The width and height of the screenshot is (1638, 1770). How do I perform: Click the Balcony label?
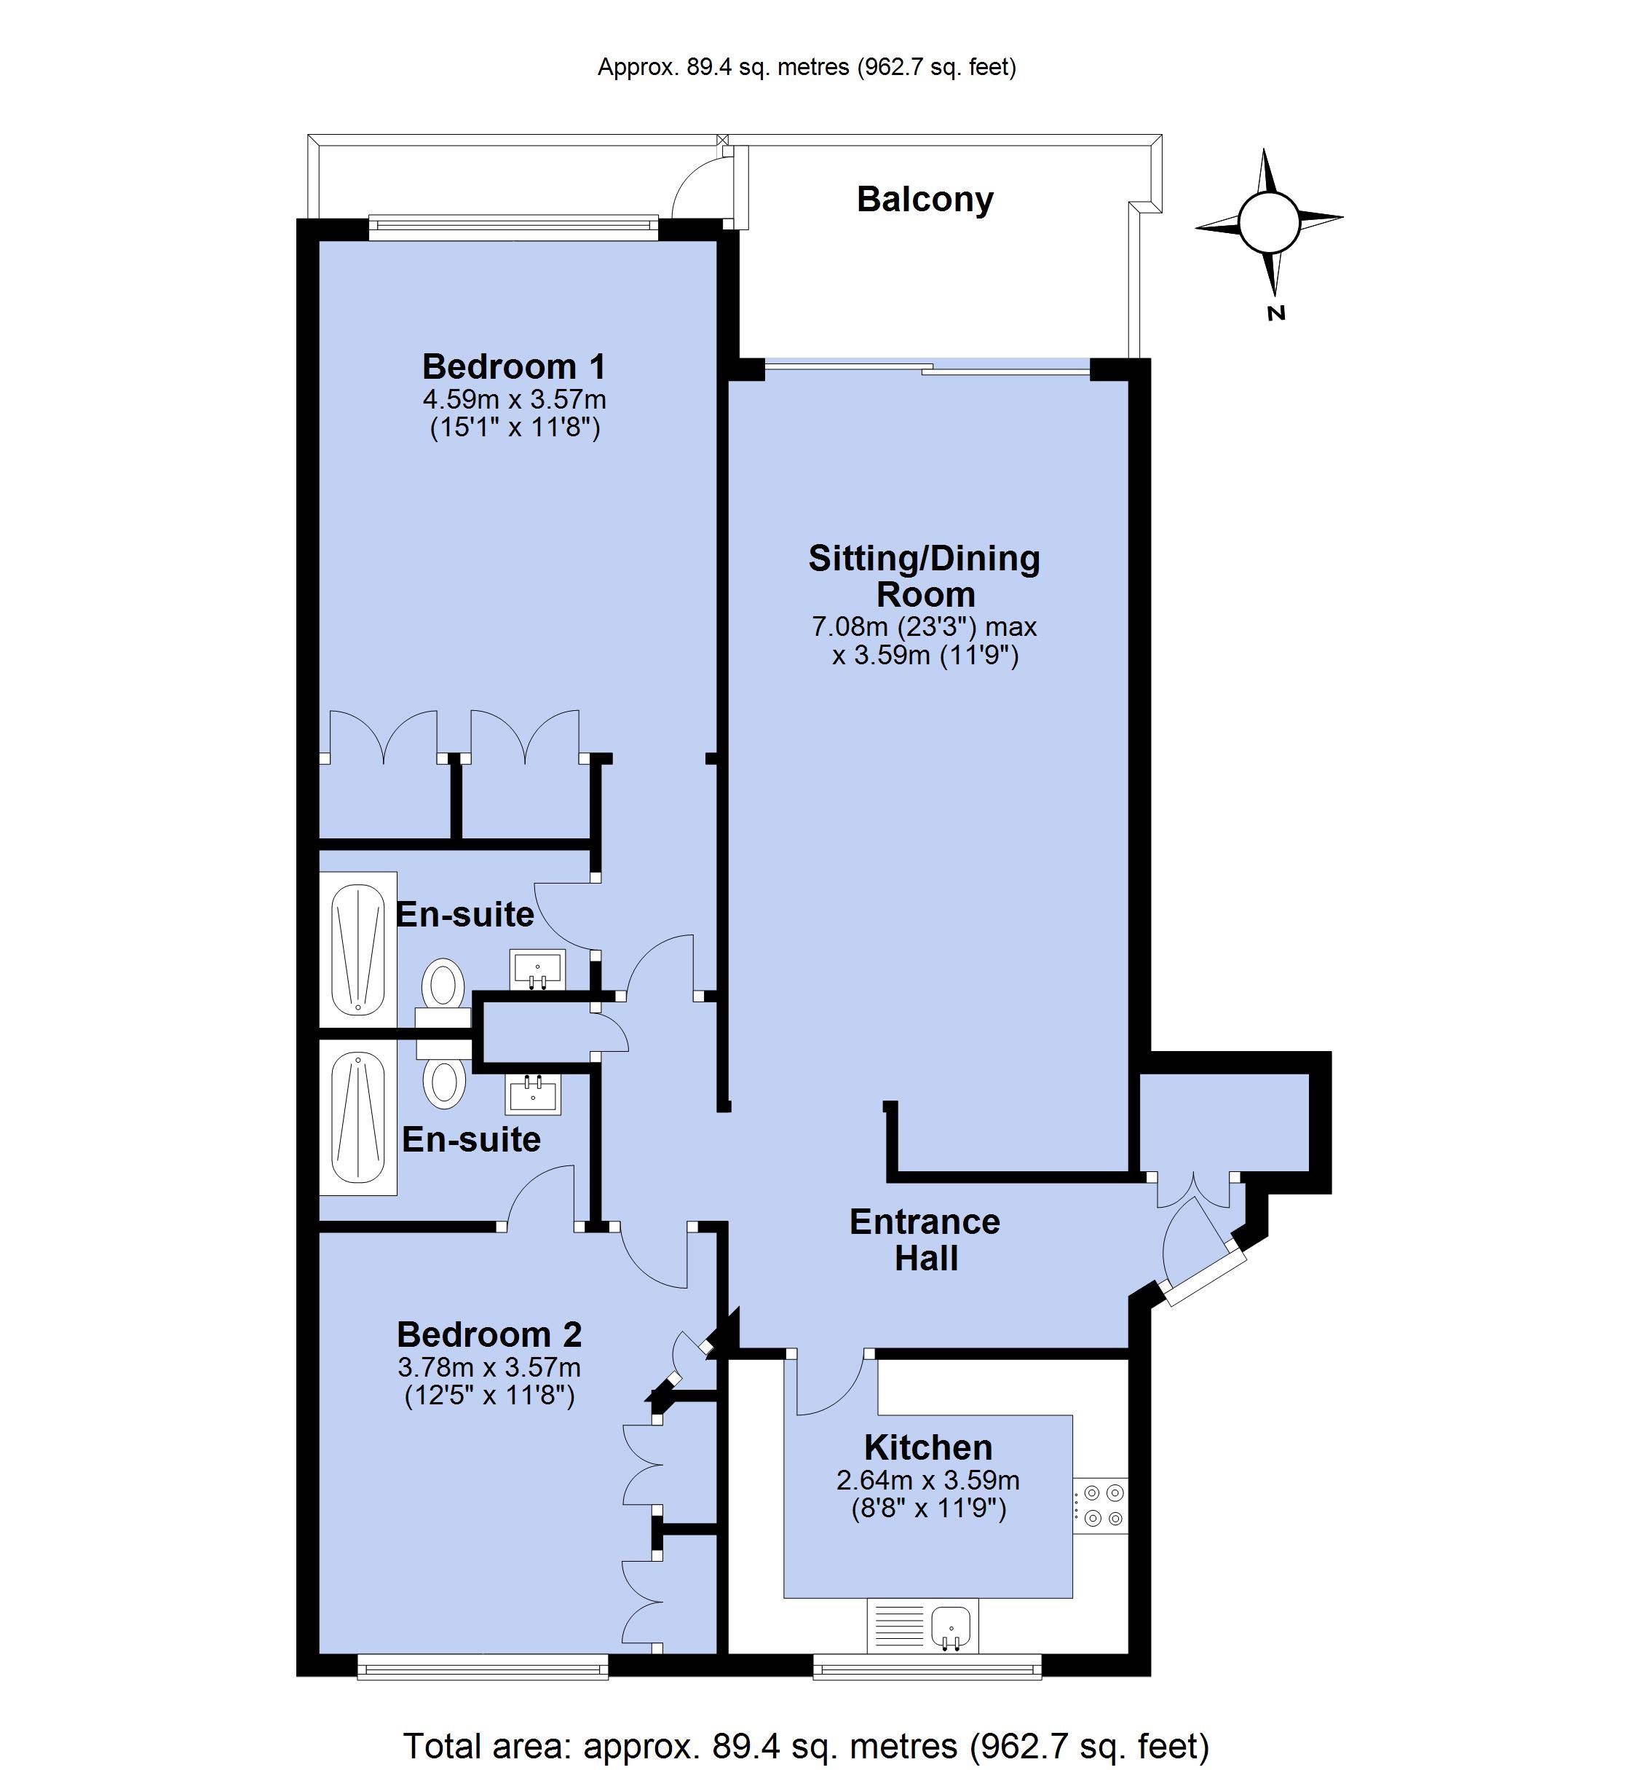click(925, 200)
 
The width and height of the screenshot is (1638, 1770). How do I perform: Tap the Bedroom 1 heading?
click(514, 366)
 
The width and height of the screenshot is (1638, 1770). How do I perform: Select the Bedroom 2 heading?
click(489, 1334)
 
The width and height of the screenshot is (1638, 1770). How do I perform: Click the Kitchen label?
click(928, 1447)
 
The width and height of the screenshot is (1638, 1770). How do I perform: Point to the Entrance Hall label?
click(925, 1240)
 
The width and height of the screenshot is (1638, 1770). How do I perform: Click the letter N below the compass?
click(1276, 313)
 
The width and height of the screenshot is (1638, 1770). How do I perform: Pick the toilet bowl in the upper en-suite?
click(444, 983)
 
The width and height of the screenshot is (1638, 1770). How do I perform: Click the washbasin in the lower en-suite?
click(533, 1094)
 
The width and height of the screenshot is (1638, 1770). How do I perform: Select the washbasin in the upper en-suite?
click(537, 969)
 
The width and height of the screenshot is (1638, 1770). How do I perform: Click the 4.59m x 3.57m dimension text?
click(514, 399)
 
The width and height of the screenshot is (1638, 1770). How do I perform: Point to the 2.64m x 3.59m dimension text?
click(928, 1480)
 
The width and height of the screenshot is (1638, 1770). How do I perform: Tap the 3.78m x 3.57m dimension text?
click(489, 1366)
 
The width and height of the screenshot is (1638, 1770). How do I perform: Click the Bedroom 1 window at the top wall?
click(513, 228)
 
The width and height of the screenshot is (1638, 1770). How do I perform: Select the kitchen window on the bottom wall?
click(927, 1667)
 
